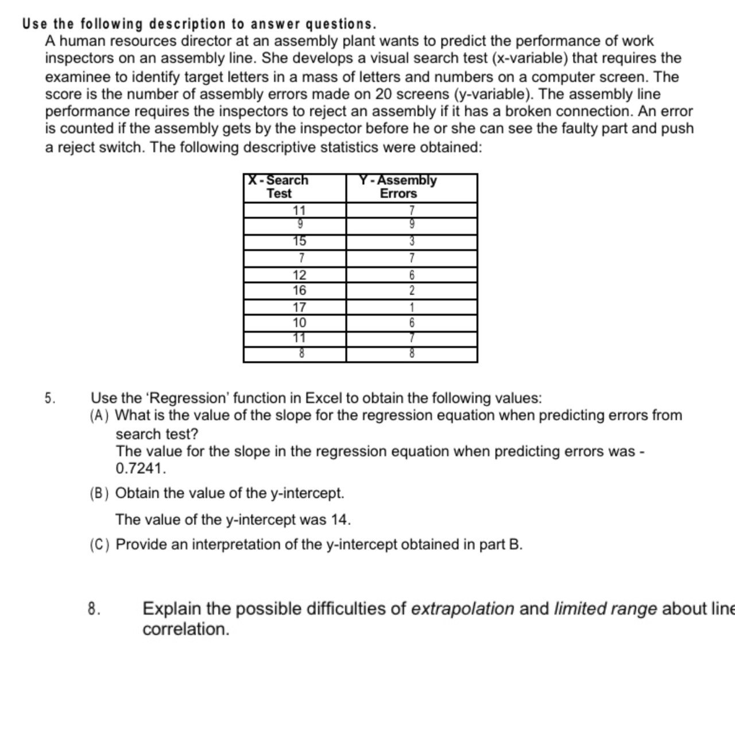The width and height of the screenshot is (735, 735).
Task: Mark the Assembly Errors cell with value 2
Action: coord(412,291)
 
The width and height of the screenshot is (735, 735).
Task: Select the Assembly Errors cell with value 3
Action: coord(412,242)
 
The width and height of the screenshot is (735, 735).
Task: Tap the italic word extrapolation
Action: coord(463,609)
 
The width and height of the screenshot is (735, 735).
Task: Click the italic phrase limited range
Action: coord(605,609)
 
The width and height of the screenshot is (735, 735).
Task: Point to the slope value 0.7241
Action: coord(140,469)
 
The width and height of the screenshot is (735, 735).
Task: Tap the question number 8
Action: coord(94,609)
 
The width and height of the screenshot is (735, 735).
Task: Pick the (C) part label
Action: coord(99,545)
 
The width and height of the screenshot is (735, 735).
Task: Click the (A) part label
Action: coord(99,416)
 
